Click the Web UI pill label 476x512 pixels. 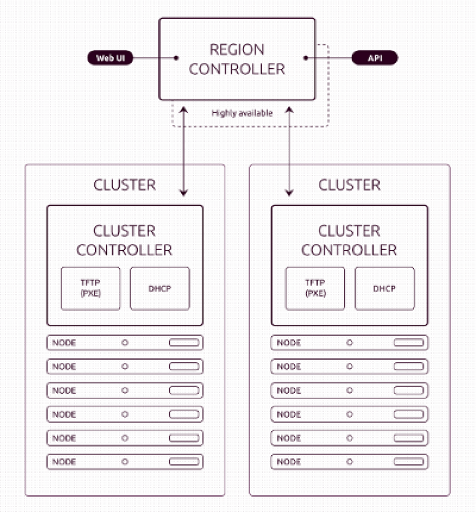point(110,58)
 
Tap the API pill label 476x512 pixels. point(374,58)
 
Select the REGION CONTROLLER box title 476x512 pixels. point(237,59)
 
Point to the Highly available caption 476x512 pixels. point(242,113)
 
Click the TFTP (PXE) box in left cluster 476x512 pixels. point(91,288)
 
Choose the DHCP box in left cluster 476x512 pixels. point(160,288)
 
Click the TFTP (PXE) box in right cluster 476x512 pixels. point(315,288)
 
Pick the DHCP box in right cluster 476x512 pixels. point(385,288)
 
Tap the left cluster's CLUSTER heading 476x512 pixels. point(125,185)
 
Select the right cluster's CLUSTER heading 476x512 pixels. point(350,185)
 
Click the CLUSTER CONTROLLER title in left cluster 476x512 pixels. point(125,240)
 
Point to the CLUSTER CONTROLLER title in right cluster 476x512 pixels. point(350,240)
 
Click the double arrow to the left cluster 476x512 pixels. point(183,151)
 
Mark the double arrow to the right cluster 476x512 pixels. point(289,151)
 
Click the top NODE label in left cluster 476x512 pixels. point(65,343)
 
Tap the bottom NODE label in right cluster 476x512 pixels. point(289,462)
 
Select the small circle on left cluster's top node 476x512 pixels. point(125,343)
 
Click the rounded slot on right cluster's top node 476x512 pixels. point(409,343)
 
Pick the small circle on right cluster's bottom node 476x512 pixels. point(350,462)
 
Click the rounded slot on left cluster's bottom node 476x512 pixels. point(184,462)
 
